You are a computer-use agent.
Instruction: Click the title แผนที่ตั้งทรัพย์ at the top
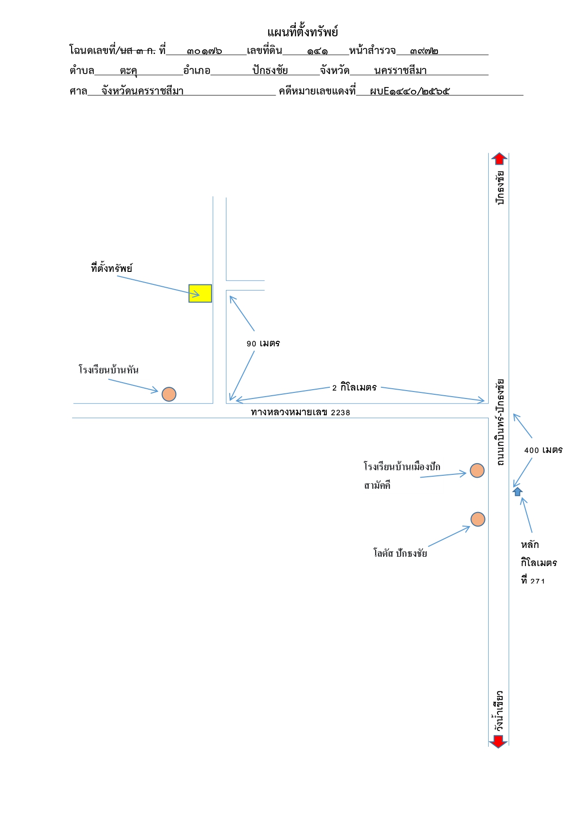click(302, 32)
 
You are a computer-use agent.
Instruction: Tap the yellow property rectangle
click(200, 293)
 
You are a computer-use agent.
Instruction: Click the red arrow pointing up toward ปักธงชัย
click(499, 158)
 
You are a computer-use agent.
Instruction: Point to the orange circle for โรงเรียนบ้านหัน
click(169, 394)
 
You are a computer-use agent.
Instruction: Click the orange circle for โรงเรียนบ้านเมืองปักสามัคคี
click(477, 471)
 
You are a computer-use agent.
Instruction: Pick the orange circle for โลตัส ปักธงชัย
click(478, 519)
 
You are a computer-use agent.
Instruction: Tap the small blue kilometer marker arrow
click(517, 492)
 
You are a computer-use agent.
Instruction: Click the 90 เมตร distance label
click(263, 344)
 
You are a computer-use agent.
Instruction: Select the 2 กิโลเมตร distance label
click(354, 387)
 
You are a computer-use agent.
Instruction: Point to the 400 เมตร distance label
click(543, 450)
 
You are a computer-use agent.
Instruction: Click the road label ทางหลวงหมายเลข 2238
click(300, 412)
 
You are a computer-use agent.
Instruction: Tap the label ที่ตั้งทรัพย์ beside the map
click(112, 268)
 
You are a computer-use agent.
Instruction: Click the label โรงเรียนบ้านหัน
click(109, 370)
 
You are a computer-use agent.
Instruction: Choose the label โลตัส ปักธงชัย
click(400, 553)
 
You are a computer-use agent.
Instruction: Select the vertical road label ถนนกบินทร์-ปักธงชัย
click(500, 422)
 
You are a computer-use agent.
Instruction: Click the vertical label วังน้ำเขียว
click(499, 711)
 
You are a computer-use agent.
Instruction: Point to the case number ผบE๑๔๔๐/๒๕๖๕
click(410, 91)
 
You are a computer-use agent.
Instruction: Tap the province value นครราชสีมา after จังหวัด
click(400, 71)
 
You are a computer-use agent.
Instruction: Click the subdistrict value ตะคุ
click(128, 71)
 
